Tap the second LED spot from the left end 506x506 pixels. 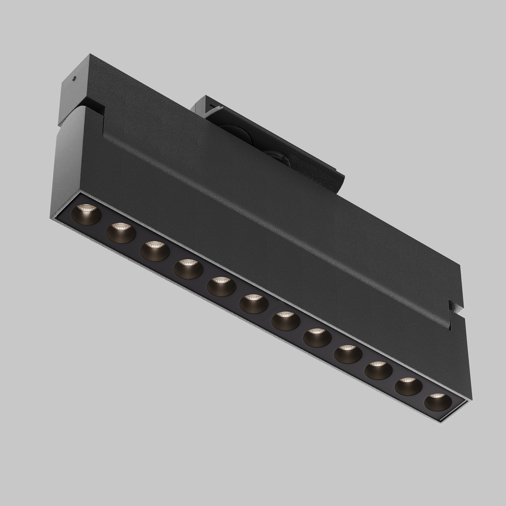pyautogui.click(x=121, y=233)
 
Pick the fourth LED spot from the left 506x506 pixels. pyautogui.click(x=188, y=269)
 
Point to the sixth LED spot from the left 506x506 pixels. pyautogui.click(x=254, y=304)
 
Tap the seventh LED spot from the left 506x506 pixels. pyautogui.click(x=285, y=321)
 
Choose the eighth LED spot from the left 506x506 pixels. pyautogui.click(x=317, y=338)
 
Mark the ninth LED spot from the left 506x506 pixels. pyautogui.click(x=348, y=354)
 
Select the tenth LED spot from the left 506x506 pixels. pyautogui.click(x=378, y=370)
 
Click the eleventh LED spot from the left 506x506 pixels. pyautogui.click(x=408, y=386)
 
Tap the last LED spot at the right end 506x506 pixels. pyautogui.click(x=438, y=402)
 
